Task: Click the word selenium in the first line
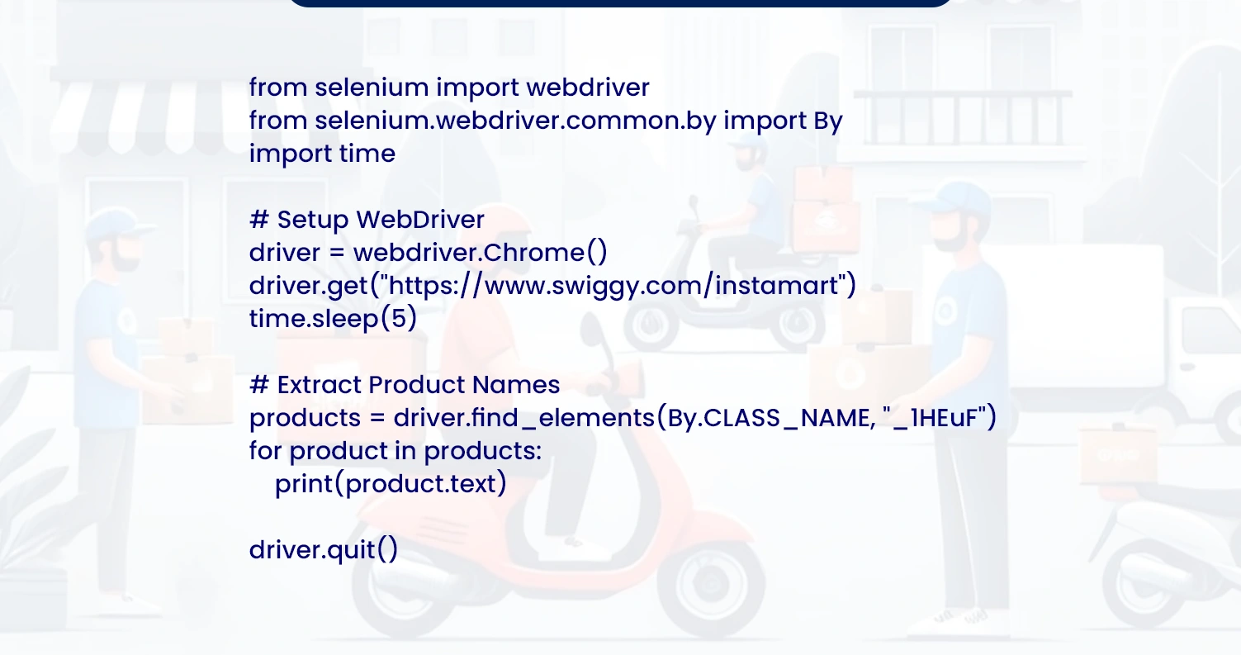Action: [x=372, y=87]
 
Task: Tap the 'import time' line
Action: [x=322, y=154]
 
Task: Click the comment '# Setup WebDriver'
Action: [x=367, y=220]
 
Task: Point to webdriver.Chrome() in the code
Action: [x=481, y=253]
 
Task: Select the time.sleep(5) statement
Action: [x=333, y=319]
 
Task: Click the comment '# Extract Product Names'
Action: [x=405, y=385]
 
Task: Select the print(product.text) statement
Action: [x=391, y=484]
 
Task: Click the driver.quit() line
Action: [x=323, y=550]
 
